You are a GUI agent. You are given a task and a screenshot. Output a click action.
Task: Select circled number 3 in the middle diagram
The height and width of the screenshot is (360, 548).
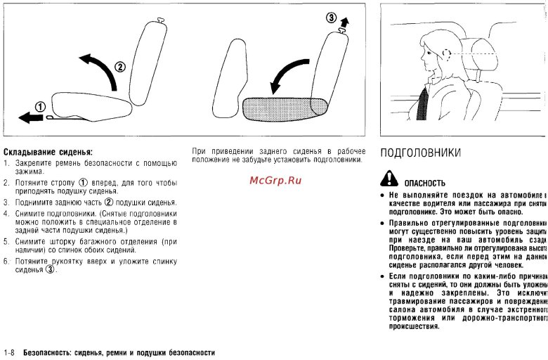coord(332,19)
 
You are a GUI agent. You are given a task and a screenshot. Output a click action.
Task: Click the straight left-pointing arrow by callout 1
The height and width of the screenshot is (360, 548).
coord(30,117)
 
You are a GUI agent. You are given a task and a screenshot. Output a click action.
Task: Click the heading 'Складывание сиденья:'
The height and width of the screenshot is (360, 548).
coord(48,152)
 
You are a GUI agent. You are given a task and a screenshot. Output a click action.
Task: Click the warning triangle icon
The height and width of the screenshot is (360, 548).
coord(389,180)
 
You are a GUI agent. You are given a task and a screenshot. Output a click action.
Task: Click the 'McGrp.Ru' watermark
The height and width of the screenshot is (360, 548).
coord(275,182)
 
